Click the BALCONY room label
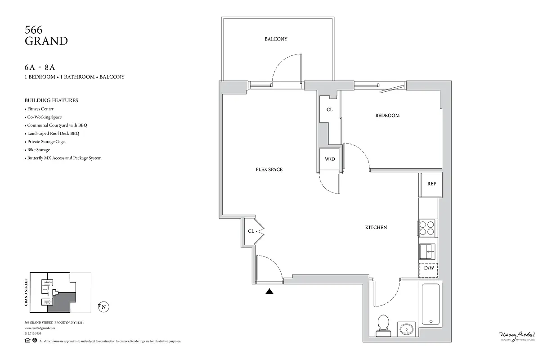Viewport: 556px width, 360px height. point(275,39)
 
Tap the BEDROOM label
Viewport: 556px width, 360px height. point(387,116)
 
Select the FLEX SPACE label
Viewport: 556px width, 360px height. point(269,170)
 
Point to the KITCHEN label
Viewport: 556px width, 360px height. point(376,228)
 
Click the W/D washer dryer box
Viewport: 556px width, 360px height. point(329,159)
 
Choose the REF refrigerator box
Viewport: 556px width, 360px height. point(431,184)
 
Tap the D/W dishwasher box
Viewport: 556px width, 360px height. point(428,269)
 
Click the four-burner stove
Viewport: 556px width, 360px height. point(428,228)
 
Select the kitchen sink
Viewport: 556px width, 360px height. point(428,251)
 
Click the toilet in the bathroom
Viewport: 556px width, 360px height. point(383,324)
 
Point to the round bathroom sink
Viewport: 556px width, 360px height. point(407,329)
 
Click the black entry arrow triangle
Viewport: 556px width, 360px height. point(269,291)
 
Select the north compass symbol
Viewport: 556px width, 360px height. point(104,307)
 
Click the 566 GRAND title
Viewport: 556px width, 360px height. point(46,36)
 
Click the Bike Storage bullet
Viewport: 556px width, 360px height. point(38,150)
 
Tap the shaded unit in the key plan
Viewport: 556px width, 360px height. point(61,302)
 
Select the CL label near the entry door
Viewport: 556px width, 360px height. point(251,231)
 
